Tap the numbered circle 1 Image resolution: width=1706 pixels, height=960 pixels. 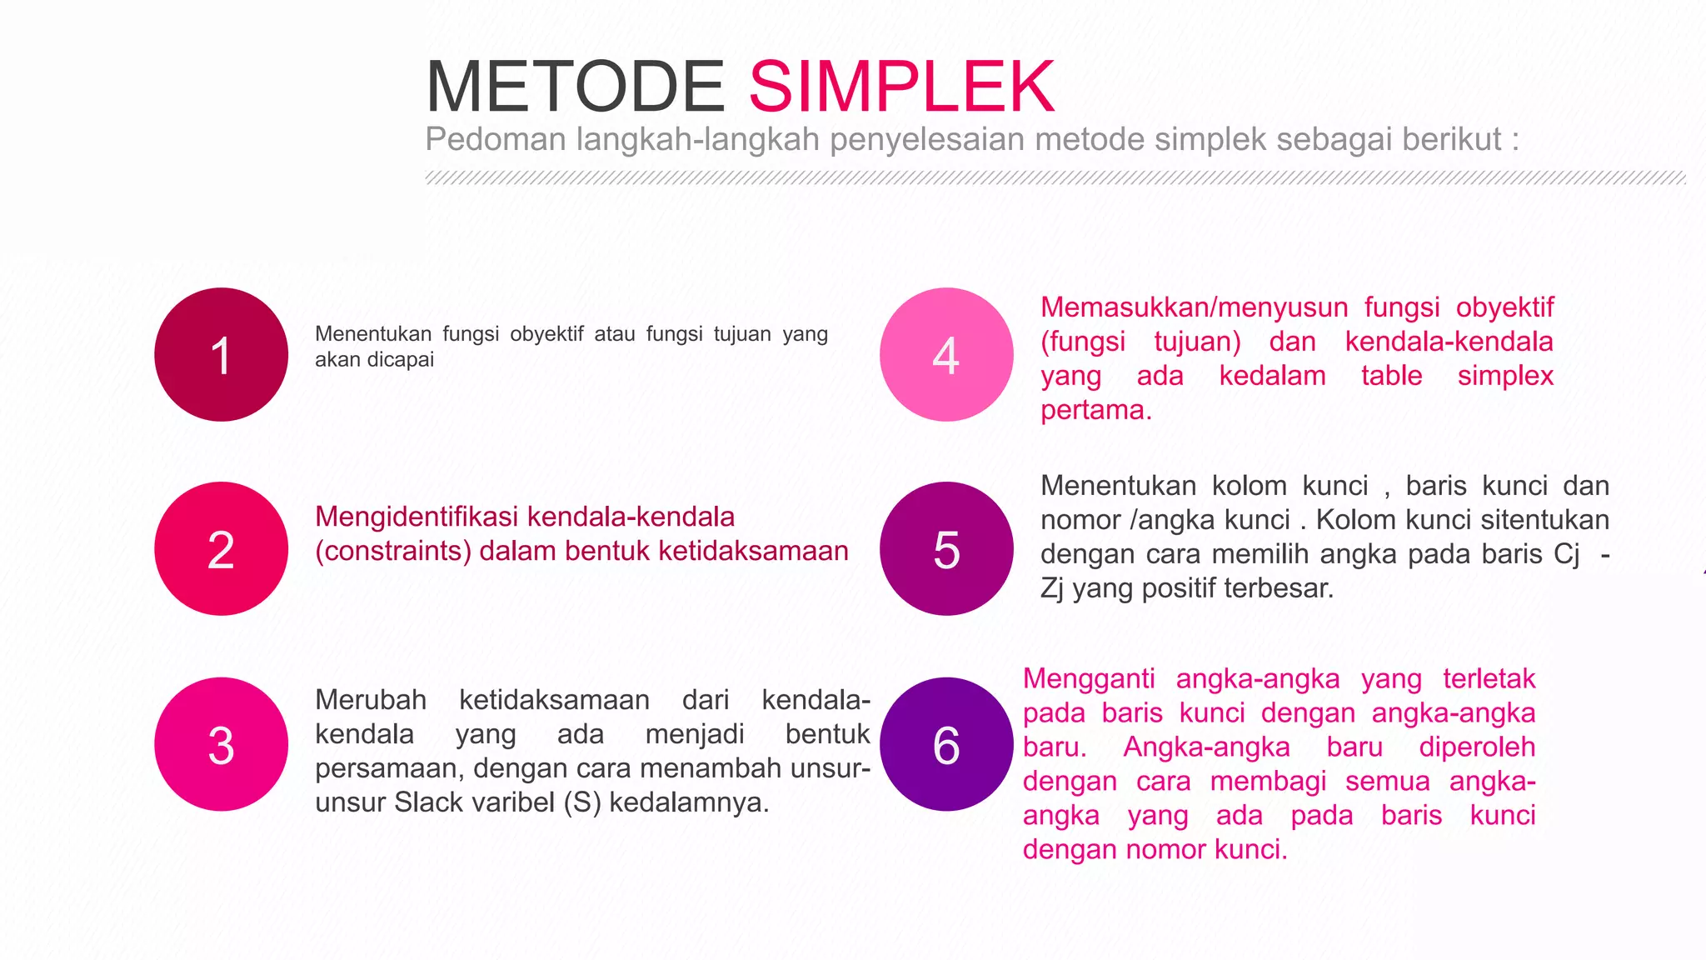click(221, 355)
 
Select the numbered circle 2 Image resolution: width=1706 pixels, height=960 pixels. click(221, 549)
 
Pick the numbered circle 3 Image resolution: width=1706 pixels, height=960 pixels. click(221, 744)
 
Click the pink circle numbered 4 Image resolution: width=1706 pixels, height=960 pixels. click(946, 355)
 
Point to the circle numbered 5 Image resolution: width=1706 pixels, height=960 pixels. click(946, 549)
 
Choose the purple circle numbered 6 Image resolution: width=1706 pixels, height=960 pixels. click(946, 744)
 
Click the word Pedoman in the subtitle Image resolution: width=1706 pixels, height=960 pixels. click(496, 139)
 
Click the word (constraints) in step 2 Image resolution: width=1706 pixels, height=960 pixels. click(393, 551)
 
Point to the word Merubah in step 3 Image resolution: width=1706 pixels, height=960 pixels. click(371, 700)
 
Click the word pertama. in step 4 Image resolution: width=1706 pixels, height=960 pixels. click(1095, 410)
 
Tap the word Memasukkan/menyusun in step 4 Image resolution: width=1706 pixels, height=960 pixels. click(1194, 307)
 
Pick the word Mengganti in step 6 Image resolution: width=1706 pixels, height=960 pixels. click(1089, 679)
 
